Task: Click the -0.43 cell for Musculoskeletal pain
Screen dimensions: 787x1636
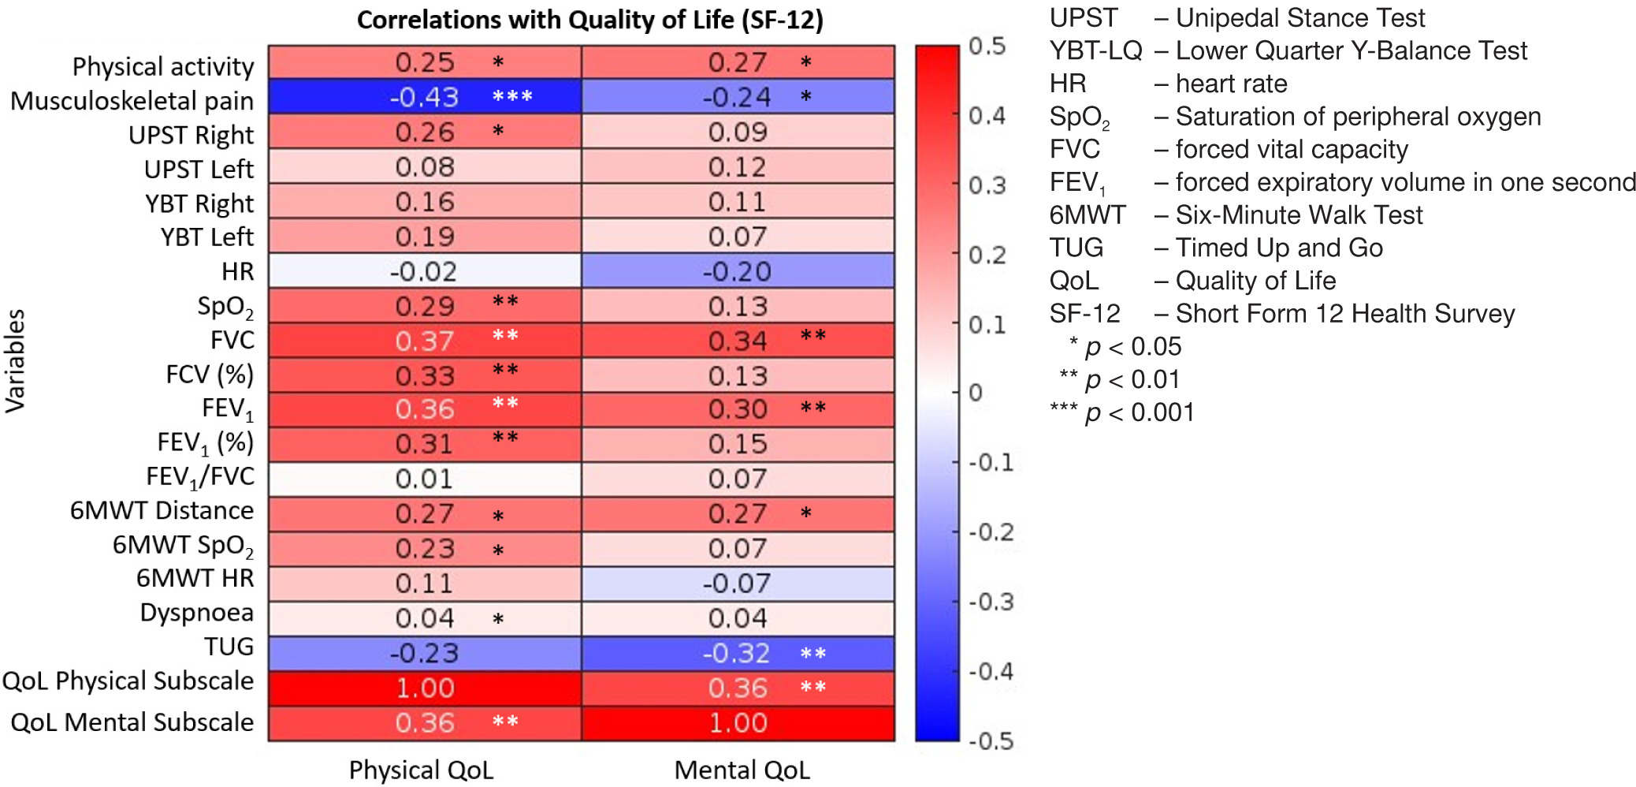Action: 424,97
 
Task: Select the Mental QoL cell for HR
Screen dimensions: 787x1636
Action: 737,271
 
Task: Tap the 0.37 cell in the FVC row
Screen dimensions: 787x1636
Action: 424,341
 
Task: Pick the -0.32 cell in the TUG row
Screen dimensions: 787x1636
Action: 737,653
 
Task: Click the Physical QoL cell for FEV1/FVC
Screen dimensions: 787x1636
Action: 424,479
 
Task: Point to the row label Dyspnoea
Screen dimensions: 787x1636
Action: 196,613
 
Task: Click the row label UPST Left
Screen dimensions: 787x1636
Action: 199,169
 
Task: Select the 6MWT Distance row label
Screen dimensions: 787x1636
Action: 162,510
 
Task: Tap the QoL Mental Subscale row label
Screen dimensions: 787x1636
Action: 132,722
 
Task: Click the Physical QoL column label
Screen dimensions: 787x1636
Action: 421,770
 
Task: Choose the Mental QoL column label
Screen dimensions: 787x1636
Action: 742,770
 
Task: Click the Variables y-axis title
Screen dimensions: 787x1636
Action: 16,360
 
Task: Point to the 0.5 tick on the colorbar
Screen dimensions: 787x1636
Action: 987,47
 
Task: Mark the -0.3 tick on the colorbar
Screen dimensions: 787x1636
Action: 991,602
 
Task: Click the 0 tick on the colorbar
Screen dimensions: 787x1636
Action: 976,393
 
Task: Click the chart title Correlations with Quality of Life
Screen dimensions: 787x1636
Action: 589,20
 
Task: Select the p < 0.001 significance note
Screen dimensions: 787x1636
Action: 1123,412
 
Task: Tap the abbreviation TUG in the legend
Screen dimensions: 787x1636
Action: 1076,248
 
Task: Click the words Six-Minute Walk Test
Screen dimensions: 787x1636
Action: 1299,214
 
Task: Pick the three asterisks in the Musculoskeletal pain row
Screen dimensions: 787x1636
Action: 512,96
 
